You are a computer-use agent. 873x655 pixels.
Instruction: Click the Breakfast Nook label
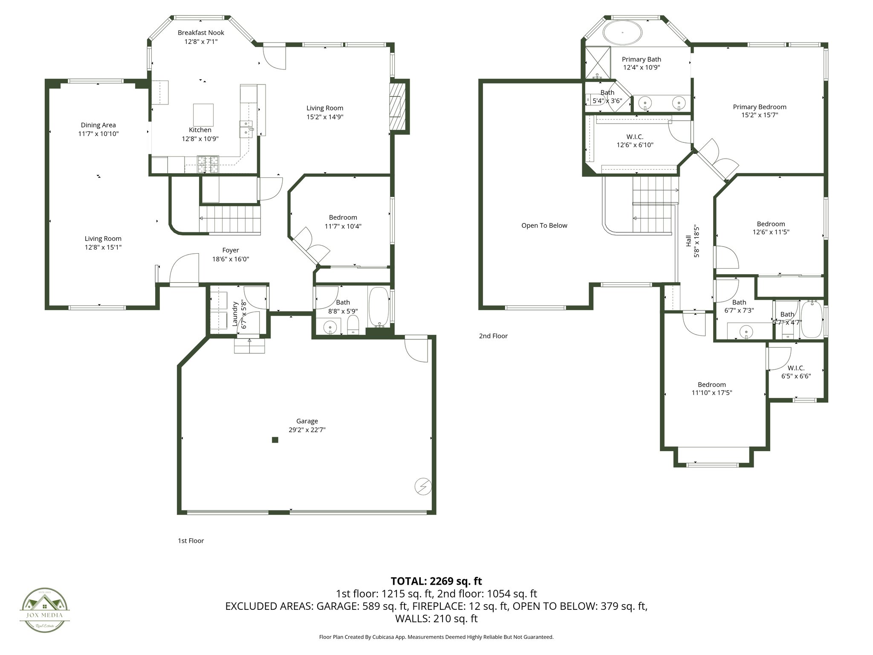click(201, 33)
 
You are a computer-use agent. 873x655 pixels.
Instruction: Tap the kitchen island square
click(203, 114)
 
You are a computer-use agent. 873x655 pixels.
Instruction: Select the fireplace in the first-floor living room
click(397, 107)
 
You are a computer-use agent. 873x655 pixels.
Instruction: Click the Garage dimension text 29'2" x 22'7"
click(307, 430)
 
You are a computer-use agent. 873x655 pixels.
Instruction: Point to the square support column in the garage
click(275, 440)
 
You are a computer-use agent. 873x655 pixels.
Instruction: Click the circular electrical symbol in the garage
click(423, 487)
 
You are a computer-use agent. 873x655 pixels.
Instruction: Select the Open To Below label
click(544, 226)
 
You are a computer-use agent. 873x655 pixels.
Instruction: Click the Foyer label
click(231, 250)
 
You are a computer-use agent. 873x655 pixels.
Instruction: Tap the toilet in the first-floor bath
click(353, 325)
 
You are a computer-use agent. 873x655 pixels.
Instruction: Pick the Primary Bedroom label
click(759, 107)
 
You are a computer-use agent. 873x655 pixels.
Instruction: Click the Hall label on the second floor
click(688, 241)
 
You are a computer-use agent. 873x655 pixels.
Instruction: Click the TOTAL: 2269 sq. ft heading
click(436, 581)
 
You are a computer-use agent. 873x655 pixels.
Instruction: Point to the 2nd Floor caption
click(493, 336)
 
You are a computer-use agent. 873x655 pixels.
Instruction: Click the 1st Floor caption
click(191, 541)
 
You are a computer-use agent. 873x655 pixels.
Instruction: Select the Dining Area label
click(98, 125)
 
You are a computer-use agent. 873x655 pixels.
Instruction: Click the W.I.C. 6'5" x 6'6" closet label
click(796, 368)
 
